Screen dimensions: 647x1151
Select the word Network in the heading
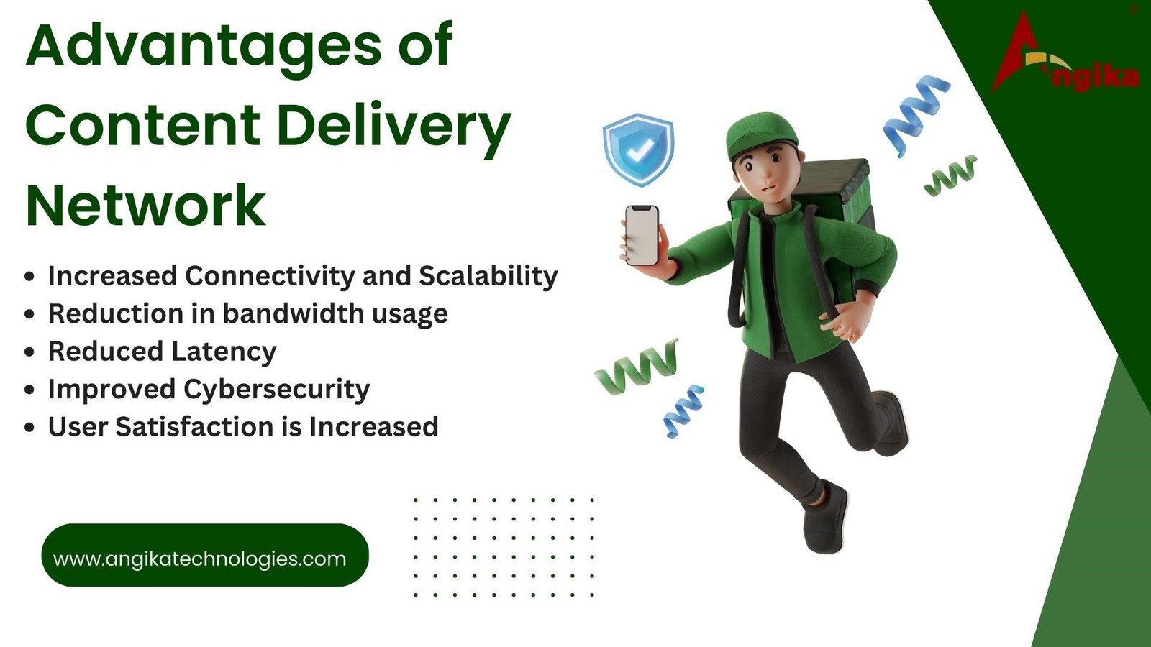[146, 206]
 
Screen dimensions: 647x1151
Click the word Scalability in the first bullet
[488, 276]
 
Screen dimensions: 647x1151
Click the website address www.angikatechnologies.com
[200, 559]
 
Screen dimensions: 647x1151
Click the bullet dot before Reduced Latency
[29, 352]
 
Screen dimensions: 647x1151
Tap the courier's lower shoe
[825, 519]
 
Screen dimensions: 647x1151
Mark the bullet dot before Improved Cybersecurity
[29, 390]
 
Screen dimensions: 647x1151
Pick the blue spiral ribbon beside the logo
[914, 111]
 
